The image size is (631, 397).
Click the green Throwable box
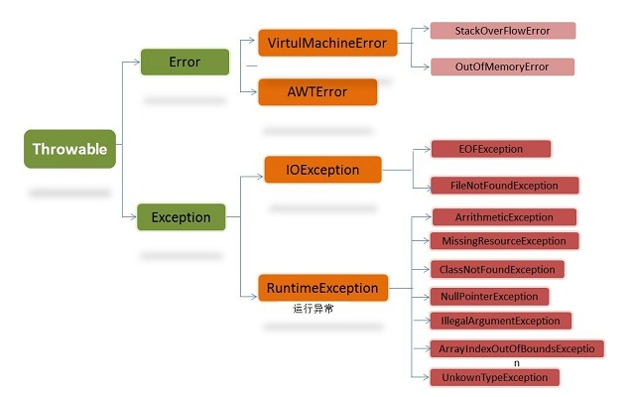tap(70, 149)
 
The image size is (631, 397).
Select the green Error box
tap(185, 62)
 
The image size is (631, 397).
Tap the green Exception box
tap(182, 217)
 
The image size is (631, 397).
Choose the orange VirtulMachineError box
tap(327, 43)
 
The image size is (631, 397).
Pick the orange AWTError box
tap(317, 91)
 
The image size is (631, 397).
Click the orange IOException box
tap(322, 170)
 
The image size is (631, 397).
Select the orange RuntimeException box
tap(323, 288)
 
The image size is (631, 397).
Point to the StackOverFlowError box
tap(503, 31)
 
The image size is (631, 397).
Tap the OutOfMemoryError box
tap(502, 66)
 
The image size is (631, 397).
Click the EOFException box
tap(491, 149)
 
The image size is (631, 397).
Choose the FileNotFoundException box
tap(505, 186)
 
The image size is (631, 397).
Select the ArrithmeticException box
tap(504, 217)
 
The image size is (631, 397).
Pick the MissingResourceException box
tap(504, 241)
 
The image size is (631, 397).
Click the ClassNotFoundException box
tap(497, 269)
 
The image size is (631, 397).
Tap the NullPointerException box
tap(489, 297)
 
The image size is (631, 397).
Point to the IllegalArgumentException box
tap(501, 321)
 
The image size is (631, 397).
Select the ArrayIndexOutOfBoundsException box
tap(517, 348)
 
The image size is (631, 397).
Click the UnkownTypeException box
tap(495, 377)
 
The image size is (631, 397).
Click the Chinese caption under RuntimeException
tap(314, 309)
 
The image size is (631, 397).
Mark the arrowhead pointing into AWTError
tap(254, 91)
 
